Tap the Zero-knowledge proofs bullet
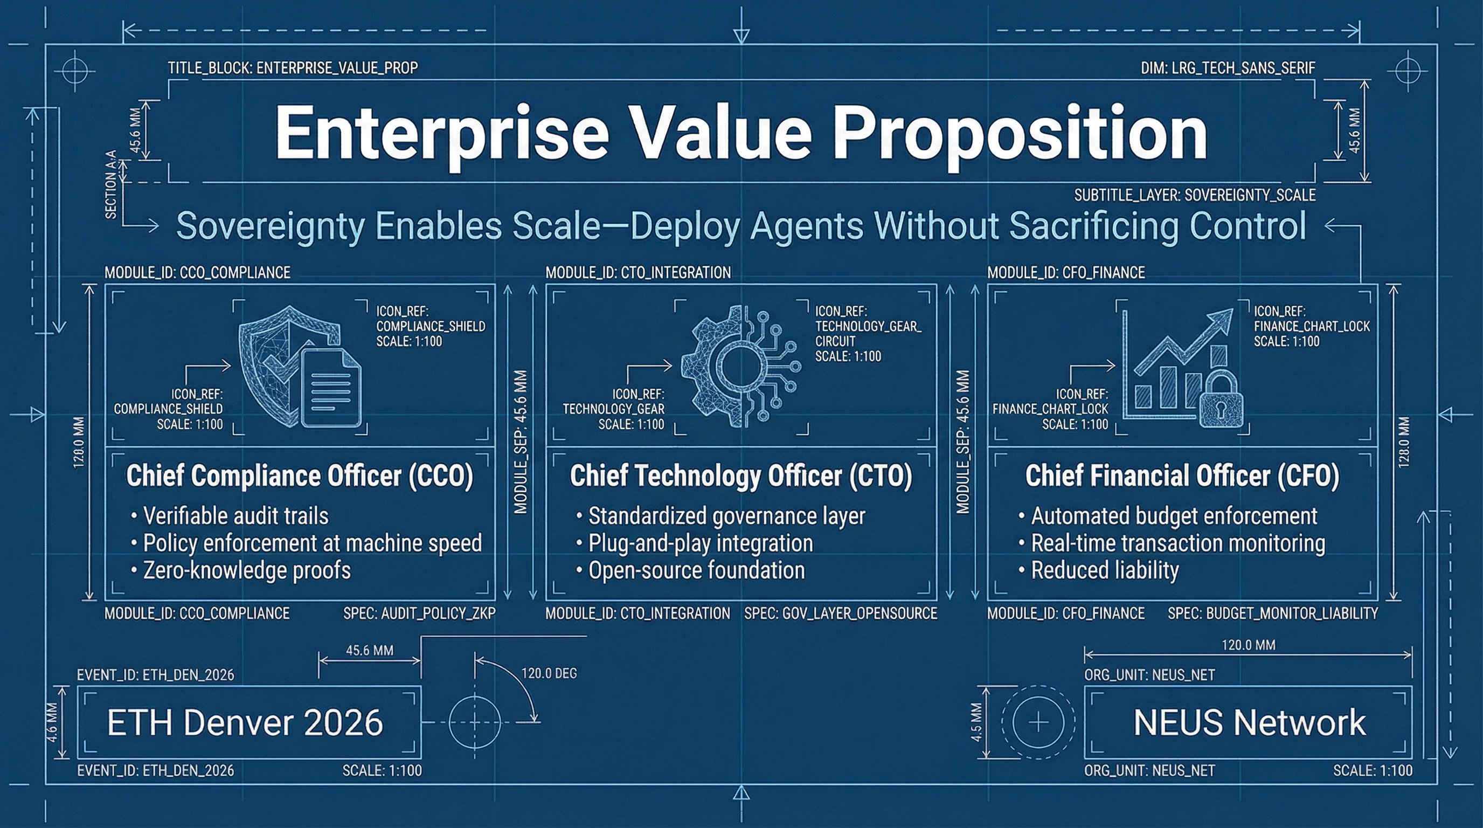(246, 571)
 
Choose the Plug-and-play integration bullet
(700, 543)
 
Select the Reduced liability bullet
(1104, 571)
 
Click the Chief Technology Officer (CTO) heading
(741, 476)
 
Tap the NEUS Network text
(1249, 723)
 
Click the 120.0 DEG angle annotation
(549, 673)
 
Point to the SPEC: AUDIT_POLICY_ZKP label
(419, 614)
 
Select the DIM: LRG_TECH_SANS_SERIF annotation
(1228, 68)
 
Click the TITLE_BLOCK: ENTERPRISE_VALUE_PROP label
(293, 68)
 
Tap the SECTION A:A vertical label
(111, 184)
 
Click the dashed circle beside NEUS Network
(1037, 722)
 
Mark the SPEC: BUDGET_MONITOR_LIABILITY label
(1273, 614)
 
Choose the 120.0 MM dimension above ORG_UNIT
(1248, 645)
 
